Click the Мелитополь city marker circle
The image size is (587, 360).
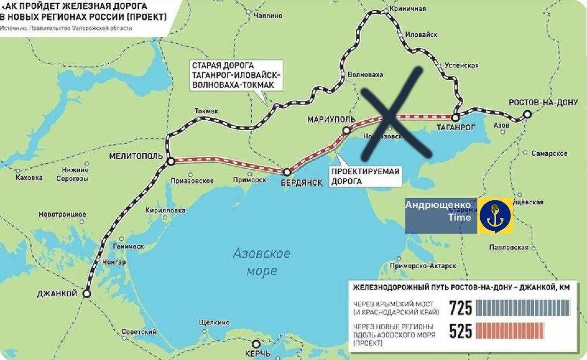(171, 161)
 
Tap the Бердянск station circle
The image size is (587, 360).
(287, 172)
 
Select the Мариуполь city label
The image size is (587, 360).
(331, 120)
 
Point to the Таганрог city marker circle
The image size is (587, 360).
(455, 118)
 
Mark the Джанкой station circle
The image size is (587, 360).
(87, 294)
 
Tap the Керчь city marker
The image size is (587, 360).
(256, 344)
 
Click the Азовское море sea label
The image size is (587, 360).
(261, 262)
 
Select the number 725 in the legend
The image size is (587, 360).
(460, 308)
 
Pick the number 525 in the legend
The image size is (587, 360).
(460, 331)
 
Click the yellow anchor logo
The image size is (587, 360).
(495, 216)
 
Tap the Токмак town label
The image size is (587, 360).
(206, 111)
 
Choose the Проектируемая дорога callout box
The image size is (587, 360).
(365, 177)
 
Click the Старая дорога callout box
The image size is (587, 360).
(236, 76)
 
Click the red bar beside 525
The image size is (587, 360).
(510, 331)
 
